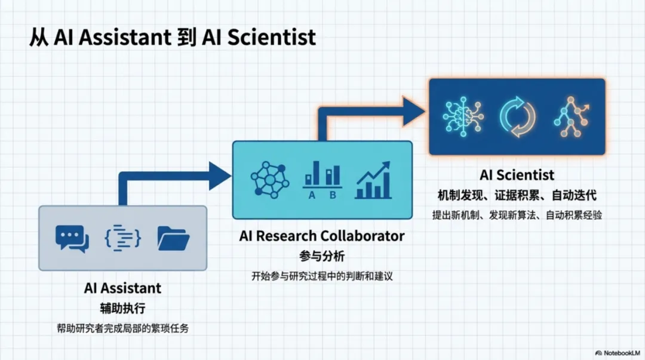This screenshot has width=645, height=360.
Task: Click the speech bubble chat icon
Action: point(72,238)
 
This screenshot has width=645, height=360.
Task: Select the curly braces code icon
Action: point(122,238)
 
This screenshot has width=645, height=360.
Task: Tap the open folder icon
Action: point(173,238)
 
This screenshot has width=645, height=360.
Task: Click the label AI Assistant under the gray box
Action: point(122,288)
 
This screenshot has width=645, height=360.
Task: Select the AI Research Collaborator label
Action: point(322,236)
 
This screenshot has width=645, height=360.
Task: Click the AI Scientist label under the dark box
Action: point(517,175)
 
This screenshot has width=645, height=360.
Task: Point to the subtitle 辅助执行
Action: point(122,309)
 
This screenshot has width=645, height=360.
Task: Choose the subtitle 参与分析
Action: point(322,256)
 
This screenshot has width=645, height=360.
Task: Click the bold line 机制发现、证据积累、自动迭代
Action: point(517,195)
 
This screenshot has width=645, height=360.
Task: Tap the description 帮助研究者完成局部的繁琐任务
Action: point(122,328)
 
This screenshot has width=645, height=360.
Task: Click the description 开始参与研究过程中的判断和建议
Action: point(322,276)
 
